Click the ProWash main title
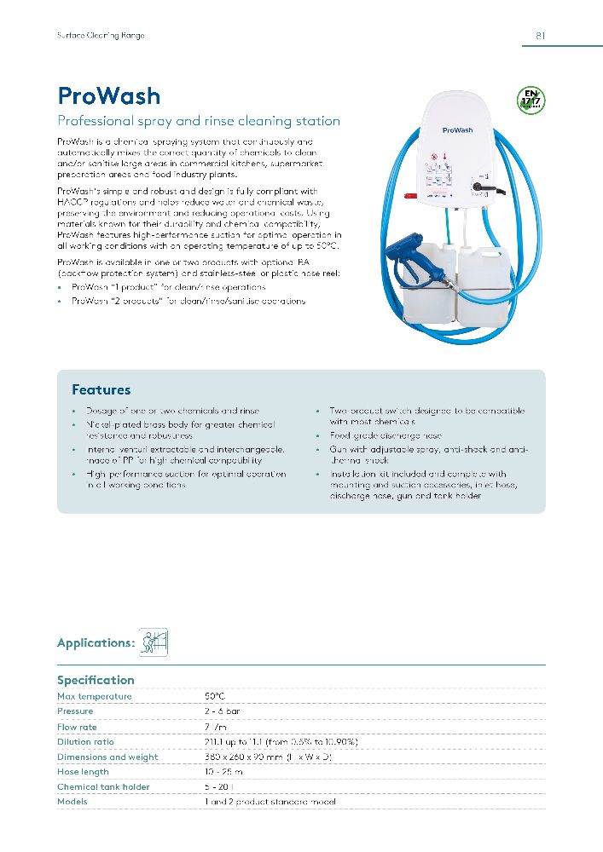(x=108, y=95)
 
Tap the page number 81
(x=541, y=36)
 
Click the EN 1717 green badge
(x=531, y=101)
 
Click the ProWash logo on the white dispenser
(x=458, y=130)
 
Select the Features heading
(x=101, y=390)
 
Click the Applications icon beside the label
(x=154, y=642)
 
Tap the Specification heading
(x=96, y=680)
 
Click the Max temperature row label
(x=95, y=697)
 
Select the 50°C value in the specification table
(x=214, y=697)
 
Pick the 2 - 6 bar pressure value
(x=221, y=711)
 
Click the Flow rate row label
(x=77, y=728)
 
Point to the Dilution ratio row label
(x=85, y=742)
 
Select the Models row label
(x=72, y=802)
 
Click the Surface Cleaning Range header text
(x=101, y=36)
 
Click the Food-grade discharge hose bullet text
(x=386, y=435)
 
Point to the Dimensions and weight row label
(x=107, y=757)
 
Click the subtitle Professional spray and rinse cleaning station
(x=198, y=121)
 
